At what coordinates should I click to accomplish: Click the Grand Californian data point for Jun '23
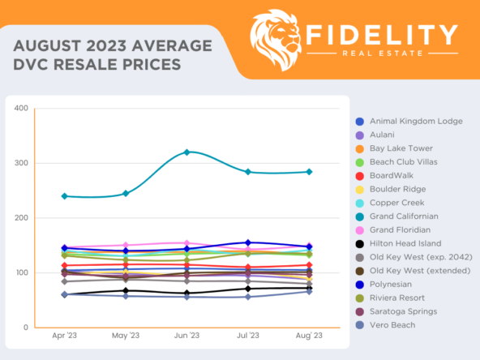(x=187, y=152)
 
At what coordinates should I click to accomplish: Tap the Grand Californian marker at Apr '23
(x=64, y=196)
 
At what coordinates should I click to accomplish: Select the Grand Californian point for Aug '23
(x=309, y=172)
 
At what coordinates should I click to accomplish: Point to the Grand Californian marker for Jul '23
(x=248, y=172)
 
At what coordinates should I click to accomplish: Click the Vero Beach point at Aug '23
(x=309, y=291)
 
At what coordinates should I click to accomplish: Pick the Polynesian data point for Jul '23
(x=248, y=242)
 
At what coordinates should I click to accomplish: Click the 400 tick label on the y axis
(x=21, y=109)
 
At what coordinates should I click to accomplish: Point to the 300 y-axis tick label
(x=21, y=163)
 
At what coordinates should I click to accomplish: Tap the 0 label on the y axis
(x=26, y=328)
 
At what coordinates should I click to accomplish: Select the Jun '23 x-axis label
(x=187, y=336)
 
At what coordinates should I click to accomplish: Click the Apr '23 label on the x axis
(x=64, y=336)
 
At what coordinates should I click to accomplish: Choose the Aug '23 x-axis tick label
(x=309, y=336)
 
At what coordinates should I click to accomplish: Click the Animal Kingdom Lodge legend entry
(x=415, y=121)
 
